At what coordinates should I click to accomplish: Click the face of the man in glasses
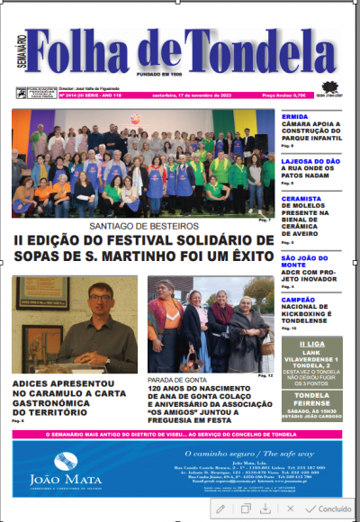99,301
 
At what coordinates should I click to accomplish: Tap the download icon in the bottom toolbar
265,508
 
